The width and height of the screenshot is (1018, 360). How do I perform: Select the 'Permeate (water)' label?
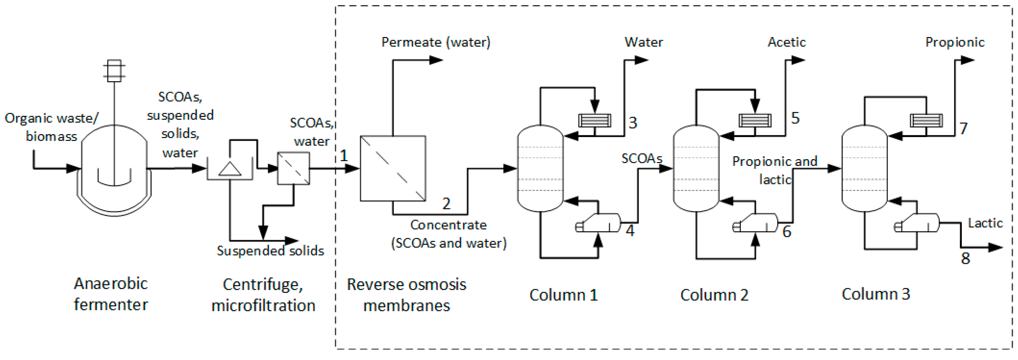pyautogui.click(x=435, y=42)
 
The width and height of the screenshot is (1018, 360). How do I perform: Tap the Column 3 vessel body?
pyautogui.click(x=864, y=168)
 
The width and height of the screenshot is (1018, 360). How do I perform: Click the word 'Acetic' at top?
pyautogui.click(x=786, y=42)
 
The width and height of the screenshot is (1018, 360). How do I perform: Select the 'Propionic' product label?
pyautogui.click(x=954, y=42)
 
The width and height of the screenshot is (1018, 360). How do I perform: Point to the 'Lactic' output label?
pyautogui.click(x=985, y=223)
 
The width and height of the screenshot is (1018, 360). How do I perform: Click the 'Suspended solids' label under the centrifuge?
pyautogui.click(x=270, y=250)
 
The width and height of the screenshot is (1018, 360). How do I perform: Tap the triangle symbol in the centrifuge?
pyautogui.click(x=230, y=169)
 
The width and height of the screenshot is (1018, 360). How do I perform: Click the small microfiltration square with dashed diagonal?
pyautogui.click(x=293, y=168)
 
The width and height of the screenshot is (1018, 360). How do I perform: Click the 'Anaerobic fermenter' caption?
pyautogui.click(x=111, y=294)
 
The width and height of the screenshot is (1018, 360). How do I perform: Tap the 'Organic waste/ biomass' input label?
pyautogui.click(x=51, y=127)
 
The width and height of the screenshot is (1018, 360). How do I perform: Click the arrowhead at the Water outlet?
pyautogui.click(x=641, y=60)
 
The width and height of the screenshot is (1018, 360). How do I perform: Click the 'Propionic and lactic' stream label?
pyautogui.click(x=775, y=170)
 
